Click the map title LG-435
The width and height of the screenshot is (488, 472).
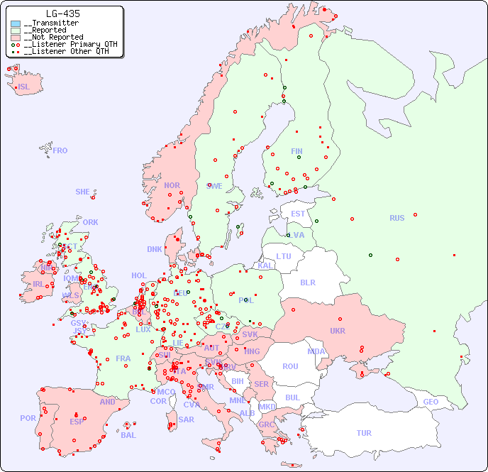pos(62,13)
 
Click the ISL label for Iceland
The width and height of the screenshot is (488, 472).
pos(24,87)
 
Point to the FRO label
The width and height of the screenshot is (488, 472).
pos(60,150)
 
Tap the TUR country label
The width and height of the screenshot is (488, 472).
pos(364,433)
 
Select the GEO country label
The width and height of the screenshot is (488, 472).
pos(431,402)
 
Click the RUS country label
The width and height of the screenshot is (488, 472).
pos(396,218)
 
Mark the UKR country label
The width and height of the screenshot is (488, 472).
pos(337,331)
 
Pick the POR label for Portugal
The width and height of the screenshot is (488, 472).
pos(28,418)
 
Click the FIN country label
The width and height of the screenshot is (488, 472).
pos(296,151)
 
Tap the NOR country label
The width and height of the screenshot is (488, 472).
pos(172,185)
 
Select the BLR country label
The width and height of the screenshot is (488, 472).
pos(307,282)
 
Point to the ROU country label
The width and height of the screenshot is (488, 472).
pos(290,366)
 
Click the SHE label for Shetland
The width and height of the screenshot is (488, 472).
pos(83,192)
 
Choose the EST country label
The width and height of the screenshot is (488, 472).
pos(298,214)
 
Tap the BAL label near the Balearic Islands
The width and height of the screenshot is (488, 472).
pos(128,435)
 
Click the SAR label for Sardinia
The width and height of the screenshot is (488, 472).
pos(186,419)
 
